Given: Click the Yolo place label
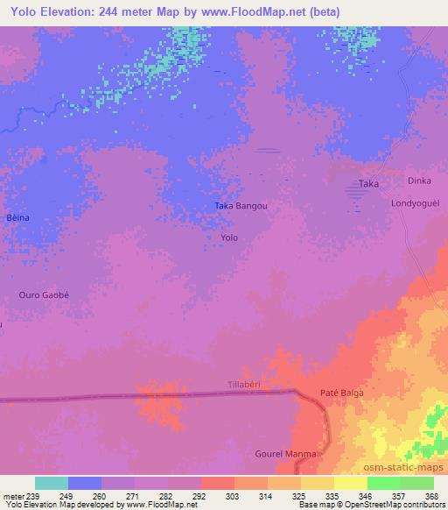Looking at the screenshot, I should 229,237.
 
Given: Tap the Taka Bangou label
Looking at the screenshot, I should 240,207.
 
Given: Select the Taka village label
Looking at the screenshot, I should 368,184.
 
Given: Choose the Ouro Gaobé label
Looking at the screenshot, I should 43,295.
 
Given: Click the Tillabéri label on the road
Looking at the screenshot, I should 245,386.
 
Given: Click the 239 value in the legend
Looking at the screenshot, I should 33,495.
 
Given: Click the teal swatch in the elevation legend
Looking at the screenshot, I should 52,483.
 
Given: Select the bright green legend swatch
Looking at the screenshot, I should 384,483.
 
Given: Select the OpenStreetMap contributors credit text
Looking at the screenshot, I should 395,505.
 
